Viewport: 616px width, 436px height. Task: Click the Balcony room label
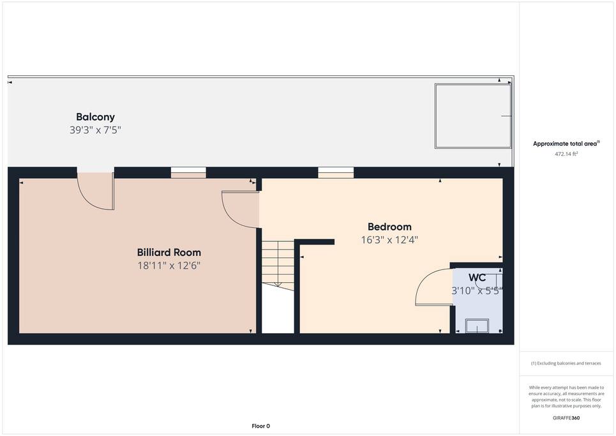(x=96, y=117)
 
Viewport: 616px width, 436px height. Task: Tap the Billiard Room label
(x=169, y=252)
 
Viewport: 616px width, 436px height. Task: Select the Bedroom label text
(x=389, y=227)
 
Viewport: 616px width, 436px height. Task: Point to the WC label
(x=477, y=278)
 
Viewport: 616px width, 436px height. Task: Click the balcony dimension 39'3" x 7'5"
(x=95, y=130)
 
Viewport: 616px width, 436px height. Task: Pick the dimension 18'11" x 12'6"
(x=169, y=266)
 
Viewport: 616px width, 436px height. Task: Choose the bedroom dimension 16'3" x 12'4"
(x=389, y=239)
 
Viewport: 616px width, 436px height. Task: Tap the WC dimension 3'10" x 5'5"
(x=477, y=290)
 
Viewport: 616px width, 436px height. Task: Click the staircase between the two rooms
(x=278, y=266)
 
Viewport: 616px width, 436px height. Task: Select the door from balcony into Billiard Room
(x=96, y=191)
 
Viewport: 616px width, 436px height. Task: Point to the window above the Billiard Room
(x=188, y=172)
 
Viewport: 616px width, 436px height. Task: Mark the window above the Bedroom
(x=336, y=172)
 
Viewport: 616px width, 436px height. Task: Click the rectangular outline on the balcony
(x=474, y=116)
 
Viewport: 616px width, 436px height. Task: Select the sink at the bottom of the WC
(x=477, y=326)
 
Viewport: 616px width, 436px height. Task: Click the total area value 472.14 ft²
(x=566, y=154)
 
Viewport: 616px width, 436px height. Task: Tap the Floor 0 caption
(x=261, y=426)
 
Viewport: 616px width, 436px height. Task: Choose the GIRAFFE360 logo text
(x=566, y=418)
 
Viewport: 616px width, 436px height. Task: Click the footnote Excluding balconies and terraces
(x=566, y=363)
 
